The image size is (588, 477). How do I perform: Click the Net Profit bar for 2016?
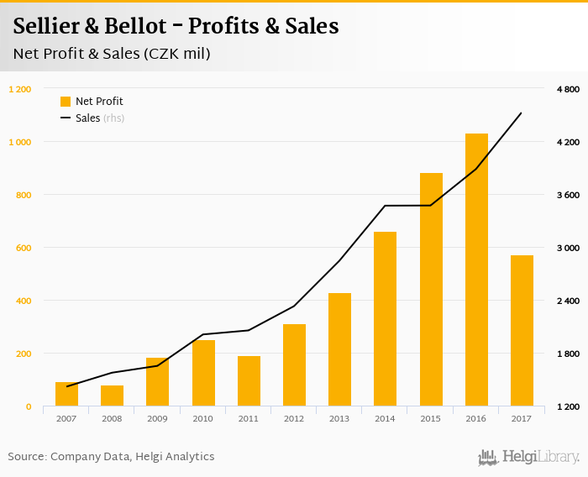point(476,270)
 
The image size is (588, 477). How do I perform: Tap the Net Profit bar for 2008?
point(112,396)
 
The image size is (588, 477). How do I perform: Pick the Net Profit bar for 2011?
point(249,381)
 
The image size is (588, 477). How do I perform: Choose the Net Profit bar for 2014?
point(385,319)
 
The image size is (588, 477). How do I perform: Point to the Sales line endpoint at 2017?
point(522,113)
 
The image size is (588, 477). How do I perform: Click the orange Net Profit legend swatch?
point(66,102)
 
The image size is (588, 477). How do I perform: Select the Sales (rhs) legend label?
point(100,118)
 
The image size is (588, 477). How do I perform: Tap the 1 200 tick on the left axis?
point(19,89)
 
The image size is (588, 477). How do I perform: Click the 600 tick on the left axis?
point(23,248)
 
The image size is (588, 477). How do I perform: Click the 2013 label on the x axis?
point(339,418)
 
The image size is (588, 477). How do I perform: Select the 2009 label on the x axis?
point(157,418)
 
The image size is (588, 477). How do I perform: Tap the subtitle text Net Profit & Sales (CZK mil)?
point(112,54)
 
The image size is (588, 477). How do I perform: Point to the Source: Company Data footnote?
point(111,457)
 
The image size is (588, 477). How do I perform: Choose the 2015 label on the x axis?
point(430,418)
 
